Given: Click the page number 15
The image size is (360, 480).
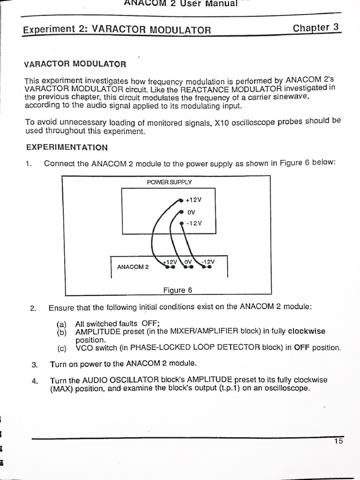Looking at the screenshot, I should coord(338,441).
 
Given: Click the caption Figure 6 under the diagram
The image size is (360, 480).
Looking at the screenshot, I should coord(178,290).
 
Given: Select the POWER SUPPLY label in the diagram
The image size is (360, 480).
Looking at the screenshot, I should coord(169,182).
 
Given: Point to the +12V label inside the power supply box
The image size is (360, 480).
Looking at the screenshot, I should coord(194,200).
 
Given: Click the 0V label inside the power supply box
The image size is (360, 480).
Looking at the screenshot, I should coord(191,212).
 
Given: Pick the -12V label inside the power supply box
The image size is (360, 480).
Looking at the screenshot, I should coord(194,223).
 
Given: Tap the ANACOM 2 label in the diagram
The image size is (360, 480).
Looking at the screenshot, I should coord(133,267).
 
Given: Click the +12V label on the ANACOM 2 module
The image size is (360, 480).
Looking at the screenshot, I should coord(169,262).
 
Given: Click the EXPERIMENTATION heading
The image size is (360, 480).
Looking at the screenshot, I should coord(67,147).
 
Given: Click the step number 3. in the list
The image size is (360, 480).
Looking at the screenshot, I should coord(34,364).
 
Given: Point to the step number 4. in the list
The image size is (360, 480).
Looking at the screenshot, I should coord(35,380).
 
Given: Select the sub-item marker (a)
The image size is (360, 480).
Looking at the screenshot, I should coord(62,323).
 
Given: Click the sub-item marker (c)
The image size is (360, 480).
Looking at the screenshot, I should coord(62,348).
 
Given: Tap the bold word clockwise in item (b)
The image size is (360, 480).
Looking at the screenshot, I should coord(307,331).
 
